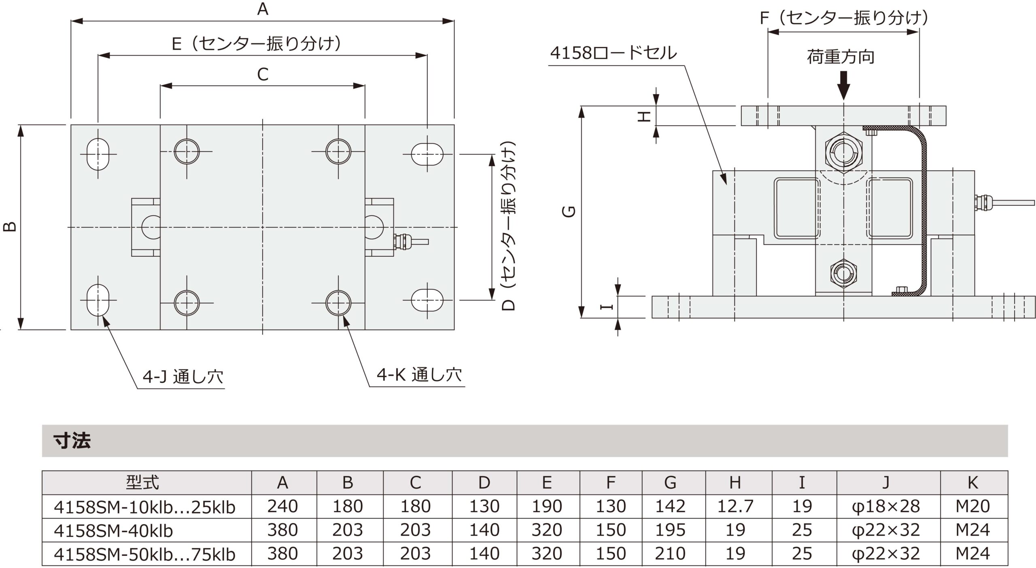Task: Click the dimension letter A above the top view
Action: click(x=263, y=8)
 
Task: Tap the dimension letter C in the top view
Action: click(x=263, y=74)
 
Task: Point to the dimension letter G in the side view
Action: click(x=569, y=211)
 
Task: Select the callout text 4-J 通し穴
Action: click(x=183, y=377)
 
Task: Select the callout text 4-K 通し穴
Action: click(x=419, y=375)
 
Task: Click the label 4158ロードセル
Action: click(x=613, y=53)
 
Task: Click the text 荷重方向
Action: click(x=841, y=57)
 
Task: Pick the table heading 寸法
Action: click(x=72, y=441)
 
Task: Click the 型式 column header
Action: click(x=142, y=482)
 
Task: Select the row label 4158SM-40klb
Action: click(x=113, y=530)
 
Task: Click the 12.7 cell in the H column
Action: click(x=735, y=507)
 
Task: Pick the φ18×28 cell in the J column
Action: click(x=885, y=507)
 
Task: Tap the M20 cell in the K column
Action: click(x=972, y=507)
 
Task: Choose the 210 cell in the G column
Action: click(x=670, y=554)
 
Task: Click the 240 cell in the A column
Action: click(x=282, y=507)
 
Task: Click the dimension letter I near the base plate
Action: click(x=606, y=307)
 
